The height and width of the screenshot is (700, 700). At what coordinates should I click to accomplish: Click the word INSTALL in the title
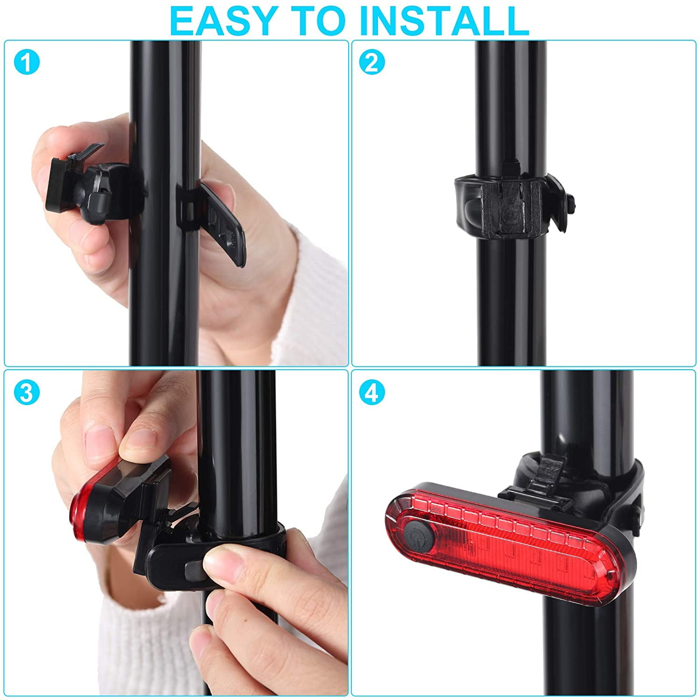[442, 20]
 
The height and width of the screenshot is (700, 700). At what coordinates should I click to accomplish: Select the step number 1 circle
[27, 63]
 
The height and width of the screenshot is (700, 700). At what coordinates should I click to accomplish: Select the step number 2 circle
[372, 63]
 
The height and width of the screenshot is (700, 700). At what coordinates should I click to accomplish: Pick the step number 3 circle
[27, 393]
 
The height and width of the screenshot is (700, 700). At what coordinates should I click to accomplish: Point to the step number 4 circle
[372, 393]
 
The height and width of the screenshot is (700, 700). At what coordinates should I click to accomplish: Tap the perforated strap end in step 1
[224, 224]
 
